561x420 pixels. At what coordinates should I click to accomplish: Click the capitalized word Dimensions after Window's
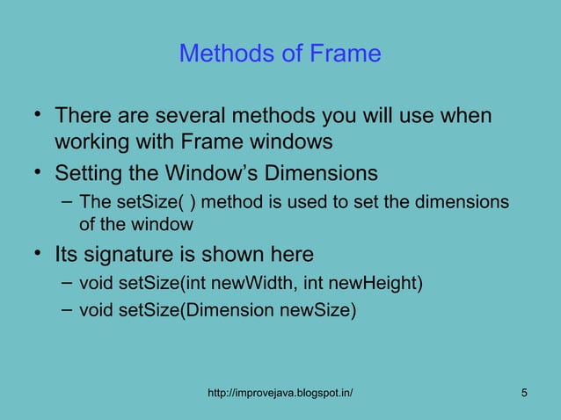(x=328, y=172)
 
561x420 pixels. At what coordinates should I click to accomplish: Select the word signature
(x=123, y=256)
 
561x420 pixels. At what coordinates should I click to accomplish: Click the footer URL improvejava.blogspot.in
(x=280, y=392)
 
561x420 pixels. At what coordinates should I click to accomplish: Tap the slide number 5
(x=525, y=392)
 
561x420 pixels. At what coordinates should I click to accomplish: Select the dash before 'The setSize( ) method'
(x=66, y=201)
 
